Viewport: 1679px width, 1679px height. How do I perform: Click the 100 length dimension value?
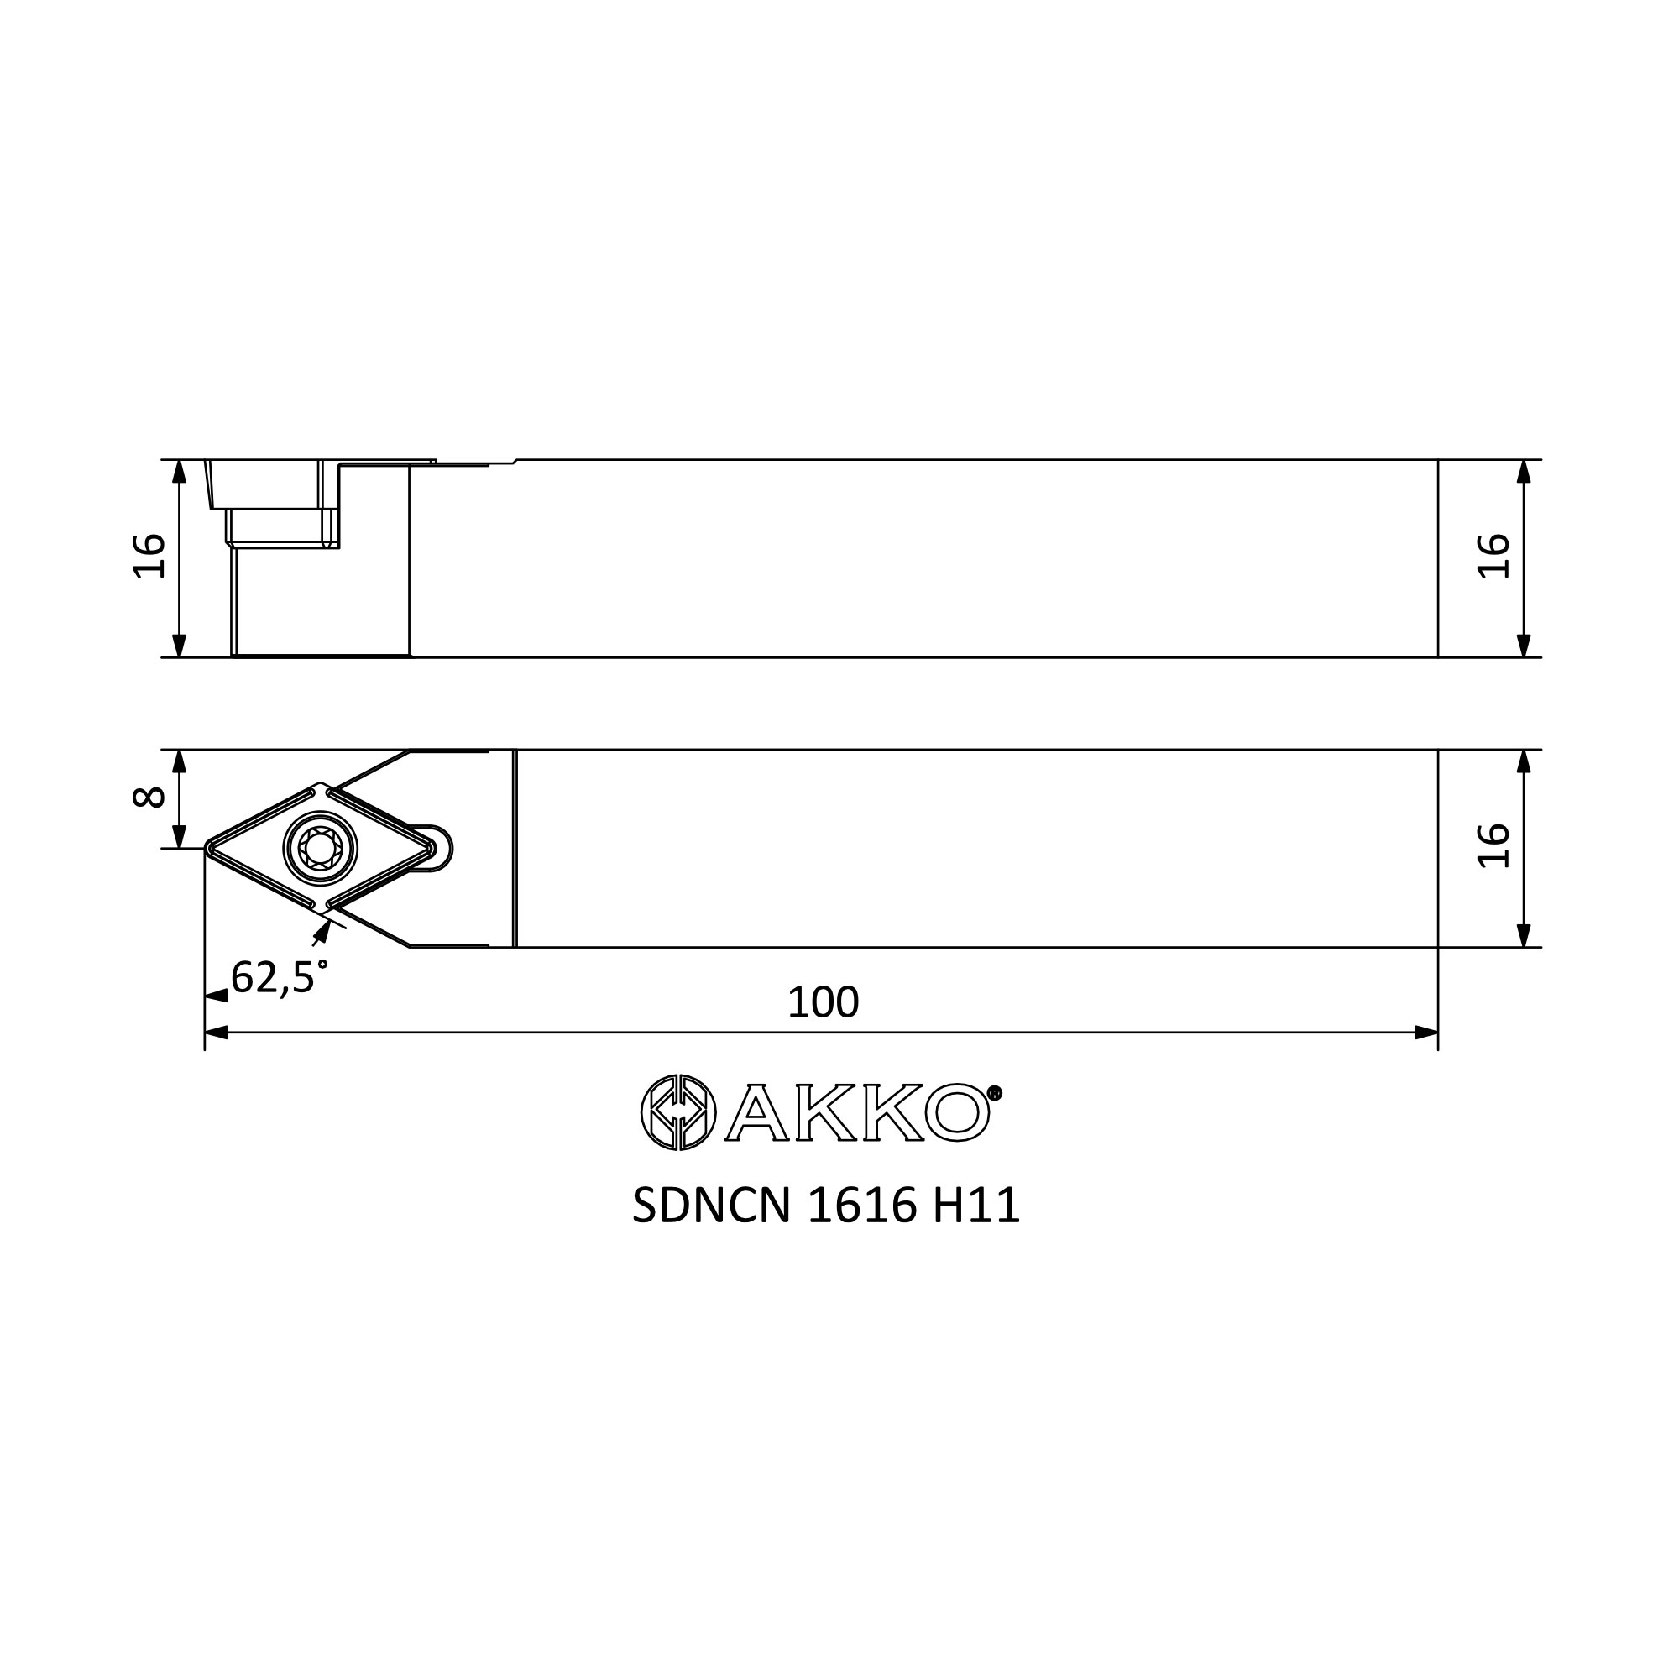click(x=822, y=1002)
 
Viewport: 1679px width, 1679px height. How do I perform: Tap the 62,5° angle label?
click(x=280, y=977)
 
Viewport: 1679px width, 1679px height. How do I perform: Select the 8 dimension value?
click(x=149, y=797)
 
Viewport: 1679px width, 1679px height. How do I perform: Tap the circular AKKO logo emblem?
click(x=677, y=1112)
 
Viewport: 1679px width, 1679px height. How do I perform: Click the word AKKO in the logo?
click(x=857, y=1112)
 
